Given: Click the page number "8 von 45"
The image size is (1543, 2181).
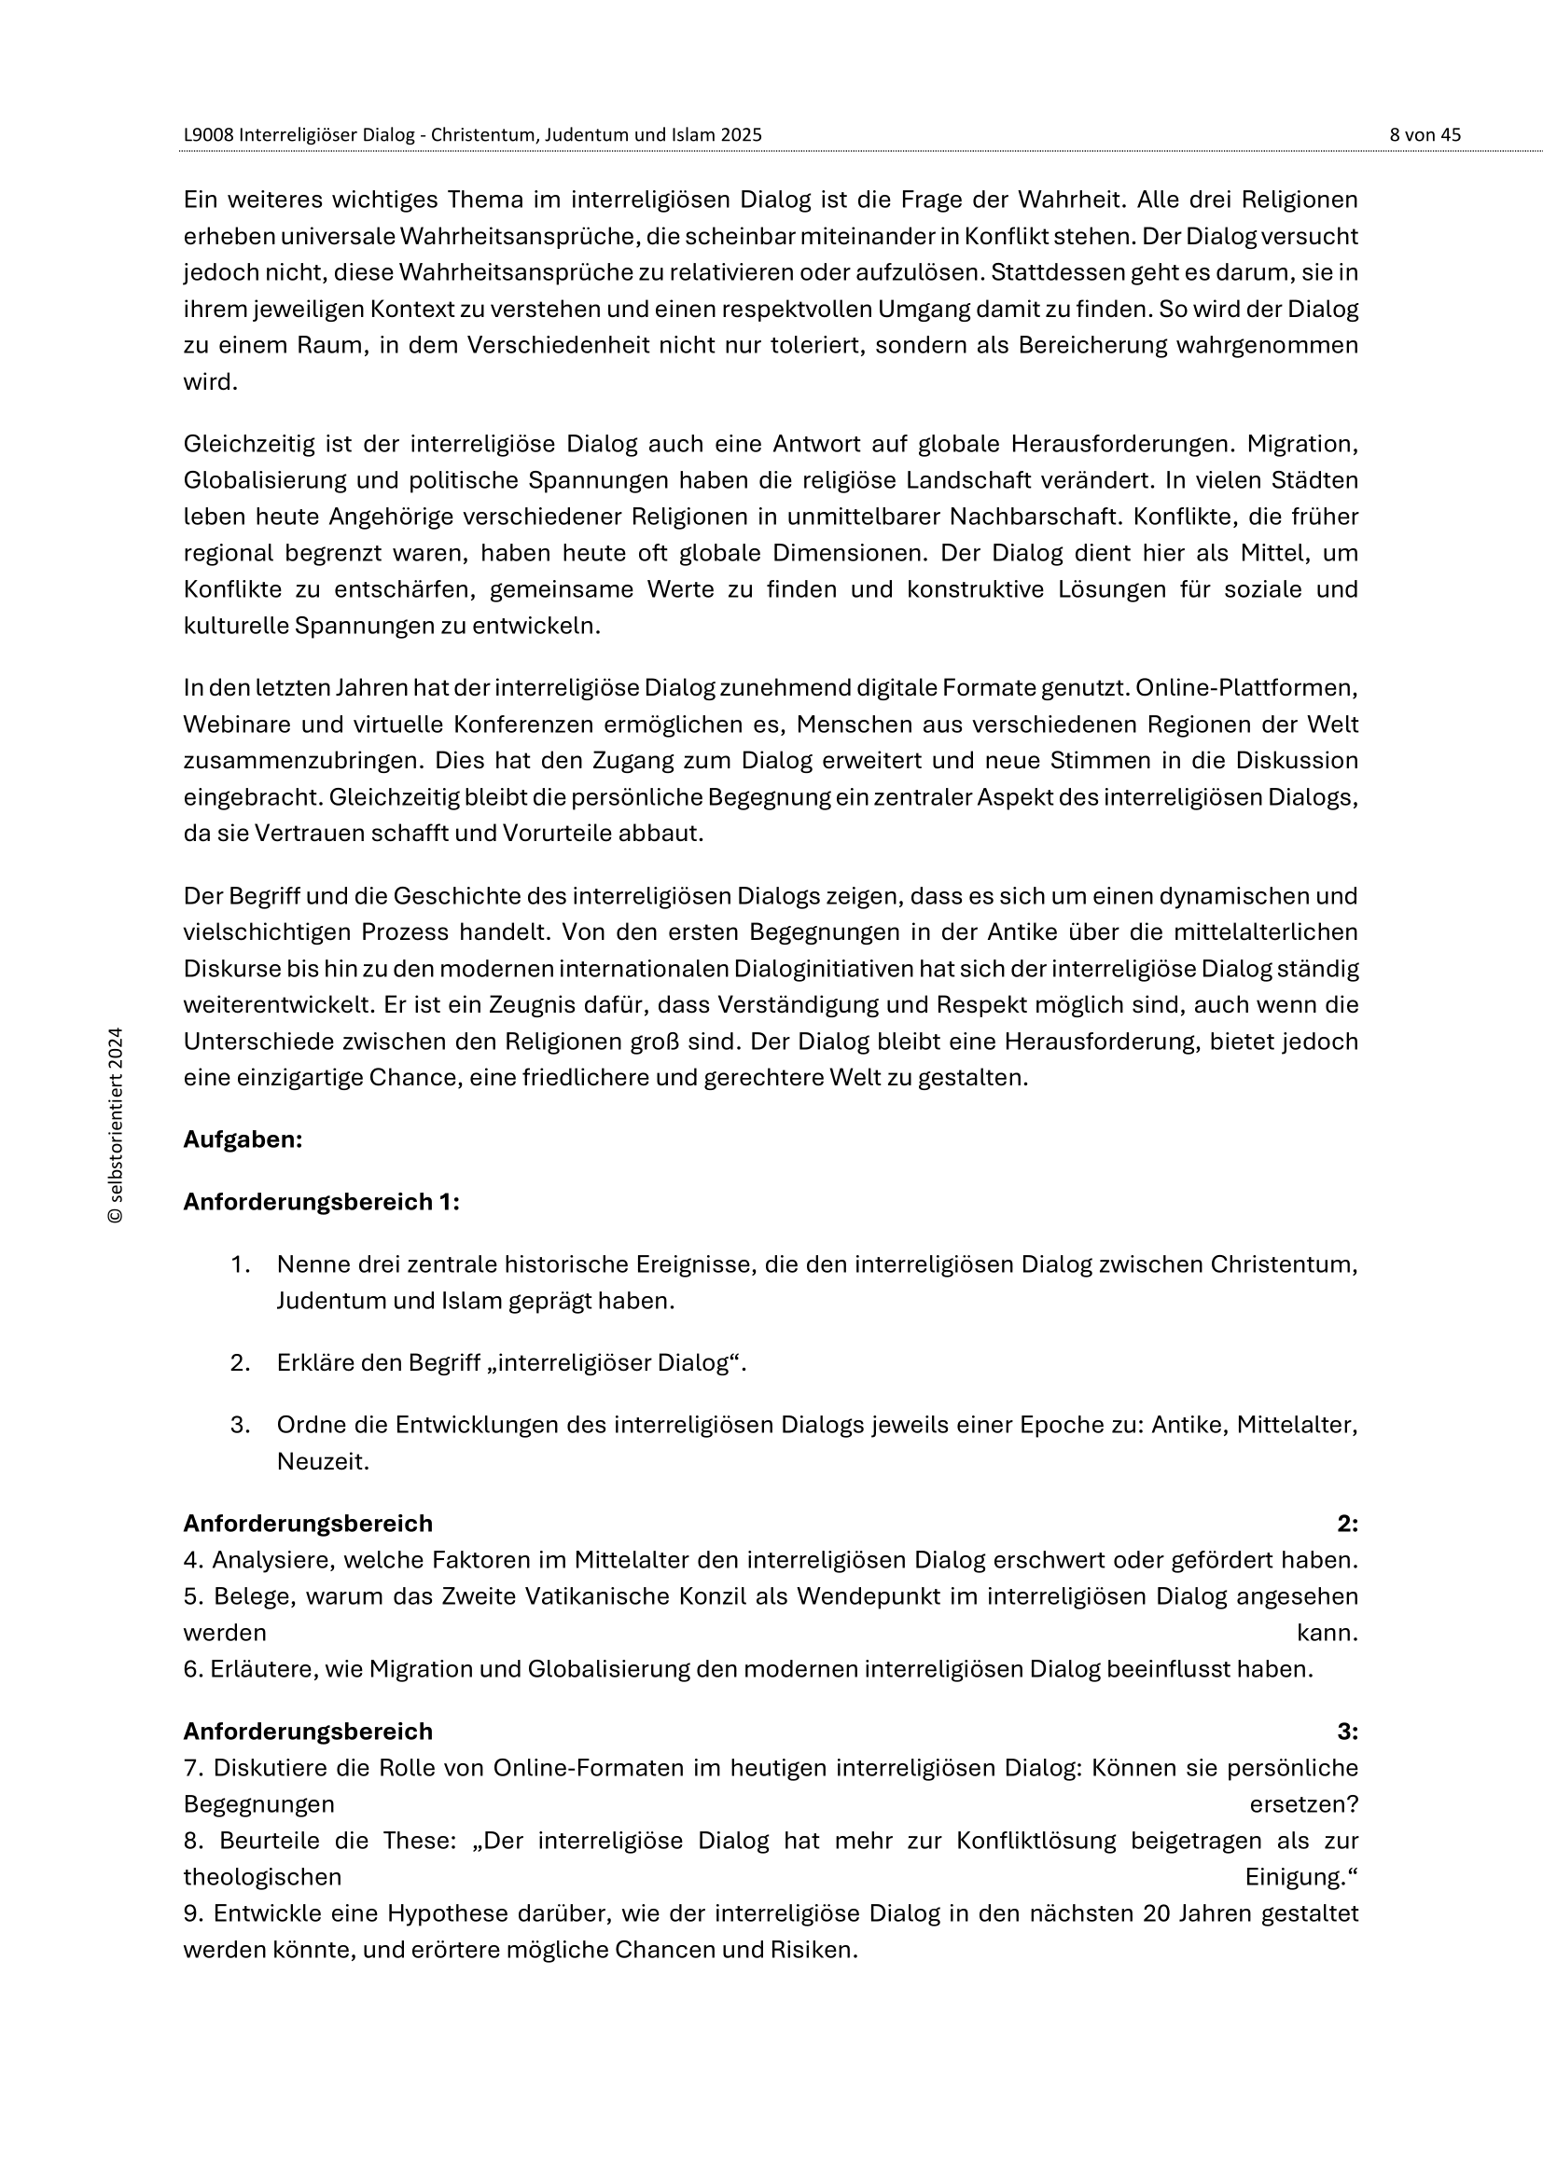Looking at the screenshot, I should pos(1425,135).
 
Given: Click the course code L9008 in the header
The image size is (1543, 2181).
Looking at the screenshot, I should pos(209,135).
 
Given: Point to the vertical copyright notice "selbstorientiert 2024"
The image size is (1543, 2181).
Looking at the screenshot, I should pos(116,1125).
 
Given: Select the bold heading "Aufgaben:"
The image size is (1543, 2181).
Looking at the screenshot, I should pos(243,1139).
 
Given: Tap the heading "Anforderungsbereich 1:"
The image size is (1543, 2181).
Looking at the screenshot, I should pos(321,1203).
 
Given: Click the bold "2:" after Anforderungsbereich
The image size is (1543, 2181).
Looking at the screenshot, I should pos(1347,1524).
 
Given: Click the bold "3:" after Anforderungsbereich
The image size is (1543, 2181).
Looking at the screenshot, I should pos(1347,1732).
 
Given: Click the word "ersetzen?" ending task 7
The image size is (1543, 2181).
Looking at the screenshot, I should pos(1303,1804).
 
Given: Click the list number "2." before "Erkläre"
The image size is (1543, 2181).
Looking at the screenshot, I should pos(240,1363).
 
